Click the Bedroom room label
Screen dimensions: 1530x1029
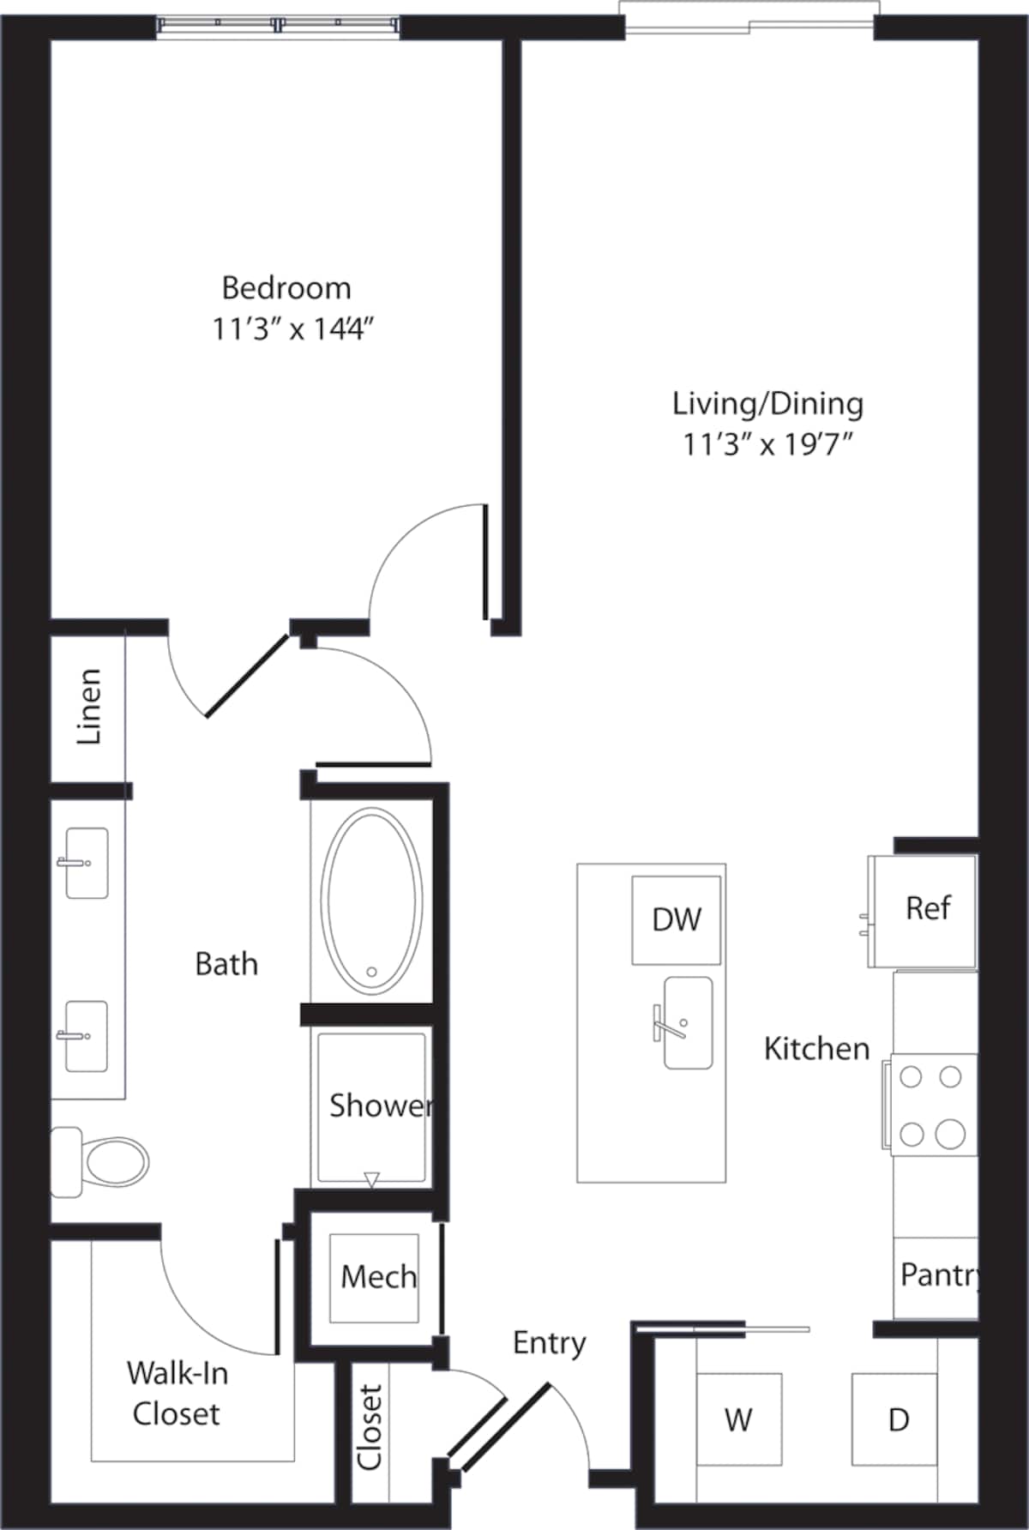pyautogui.click(x=286, y=288)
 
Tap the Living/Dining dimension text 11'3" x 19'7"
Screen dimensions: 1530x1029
pyautogui.click(x=767, y=445)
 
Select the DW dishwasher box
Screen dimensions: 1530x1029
pyautogui.click(x=676, y=919)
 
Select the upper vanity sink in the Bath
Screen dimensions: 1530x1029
pyautogui.click(x=87, y=863)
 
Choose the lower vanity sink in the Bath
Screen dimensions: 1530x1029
pyautogui.click(x=87, y=1036)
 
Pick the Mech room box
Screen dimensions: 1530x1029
pyautogui.click(x=376, y=1277)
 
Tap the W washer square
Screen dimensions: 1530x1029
pyautogui.click(x=738, y=1419)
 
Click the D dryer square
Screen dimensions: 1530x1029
pyautogui.click(x=896, y=1419)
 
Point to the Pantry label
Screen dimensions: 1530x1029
pyautogui.click(x=939, y=1275)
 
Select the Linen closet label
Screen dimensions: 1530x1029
pyautogui.click(x=89, y=706)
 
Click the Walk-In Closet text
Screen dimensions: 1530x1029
pyautogui.click(x=177, y=1393)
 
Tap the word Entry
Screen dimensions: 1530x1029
pyautogui.click(x=549, y=1342)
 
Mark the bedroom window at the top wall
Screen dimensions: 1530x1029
pyautogui.click(x=278, y=26)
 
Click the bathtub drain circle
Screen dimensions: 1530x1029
pyautogui.click(x=371, y=972)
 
